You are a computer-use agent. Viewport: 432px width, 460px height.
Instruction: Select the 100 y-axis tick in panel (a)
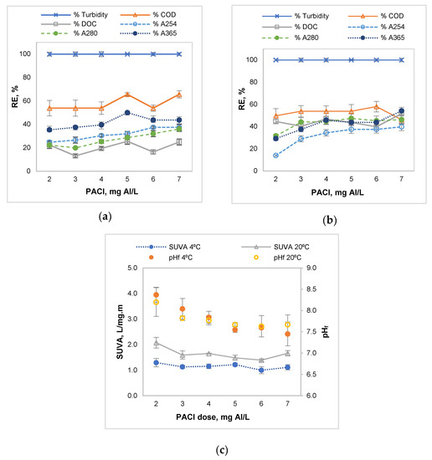[x=28, y=54]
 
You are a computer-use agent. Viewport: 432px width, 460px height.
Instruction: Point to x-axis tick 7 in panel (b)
[x=402, y=179]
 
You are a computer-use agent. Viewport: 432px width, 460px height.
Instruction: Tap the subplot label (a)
[x=105, y=217]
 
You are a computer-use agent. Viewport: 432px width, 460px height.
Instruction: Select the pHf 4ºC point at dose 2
[x=156, y=295]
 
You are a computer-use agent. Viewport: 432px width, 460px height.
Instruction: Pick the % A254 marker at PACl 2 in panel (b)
[x=276, y=155]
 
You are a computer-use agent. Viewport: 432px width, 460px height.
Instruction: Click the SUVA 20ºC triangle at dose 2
[x=156, y=343]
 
